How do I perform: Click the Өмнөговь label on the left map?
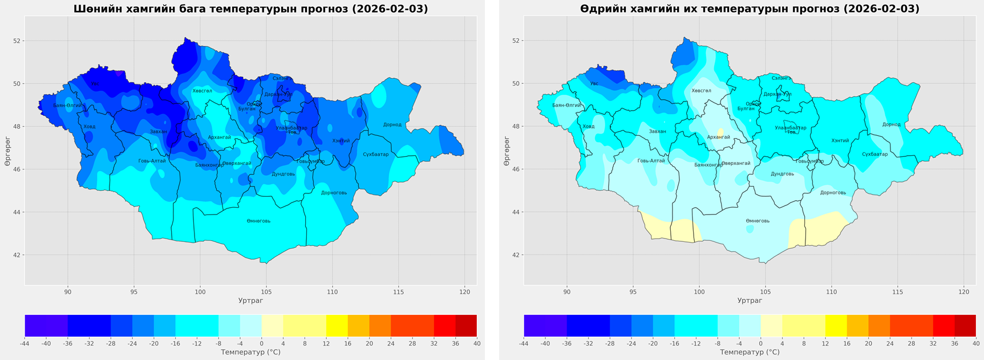pos(258,221)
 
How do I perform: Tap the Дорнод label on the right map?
pos(891,124)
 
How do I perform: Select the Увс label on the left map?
pos(95,84)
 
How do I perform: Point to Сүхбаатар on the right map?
pos(874,154)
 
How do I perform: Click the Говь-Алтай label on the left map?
pos(152,161)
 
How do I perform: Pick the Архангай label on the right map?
pos(718,137)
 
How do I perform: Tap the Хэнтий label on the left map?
pos(341,141)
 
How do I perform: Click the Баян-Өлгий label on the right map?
pos(566,105)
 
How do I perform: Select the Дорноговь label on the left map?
pos(334,193)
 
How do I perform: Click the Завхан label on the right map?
pos(657,131)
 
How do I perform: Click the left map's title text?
pos(250,9)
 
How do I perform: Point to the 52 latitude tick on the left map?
pos(16,41)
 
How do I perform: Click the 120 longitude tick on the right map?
pos(963,292)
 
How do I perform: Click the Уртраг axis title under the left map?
pos(250,300)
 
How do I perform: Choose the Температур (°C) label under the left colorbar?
pos(250,352)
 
